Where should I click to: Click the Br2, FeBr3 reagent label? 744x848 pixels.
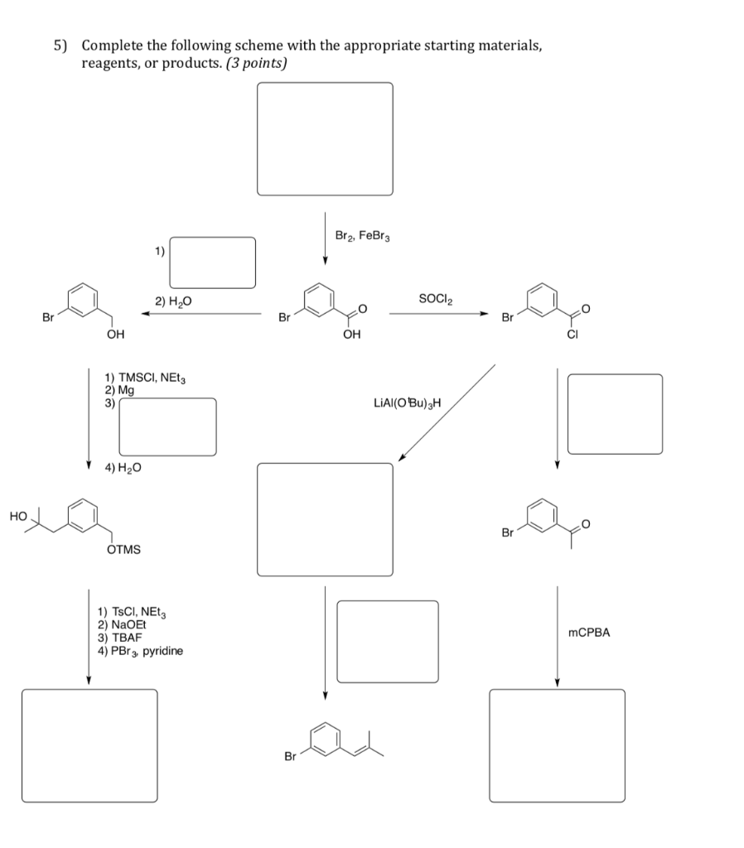pyautogui.click(x=362, y=236)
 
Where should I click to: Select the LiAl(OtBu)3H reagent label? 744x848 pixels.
pyautogui.click(x=408, y=403)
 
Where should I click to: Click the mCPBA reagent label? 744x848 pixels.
pyautogui.click(x=589, y=633)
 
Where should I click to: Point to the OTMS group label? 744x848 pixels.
pyautogui.click(x=124, y=549)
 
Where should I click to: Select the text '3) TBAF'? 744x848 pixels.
pyautogui.click(x=121, y=638)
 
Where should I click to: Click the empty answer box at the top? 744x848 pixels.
pyautogui.click(x=325, y=139)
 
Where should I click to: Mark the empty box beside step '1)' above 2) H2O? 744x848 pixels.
pyautogui.click(x=213, y=263)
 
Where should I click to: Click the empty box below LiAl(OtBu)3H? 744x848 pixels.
pyautogui.click(x=325, y=519)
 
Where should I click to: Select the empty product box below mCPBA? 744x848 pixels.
pyautogui.click(x=557, y=745)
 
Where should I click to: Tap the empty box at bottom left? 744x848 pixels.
pyautogui.click(x=89, y=745)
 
